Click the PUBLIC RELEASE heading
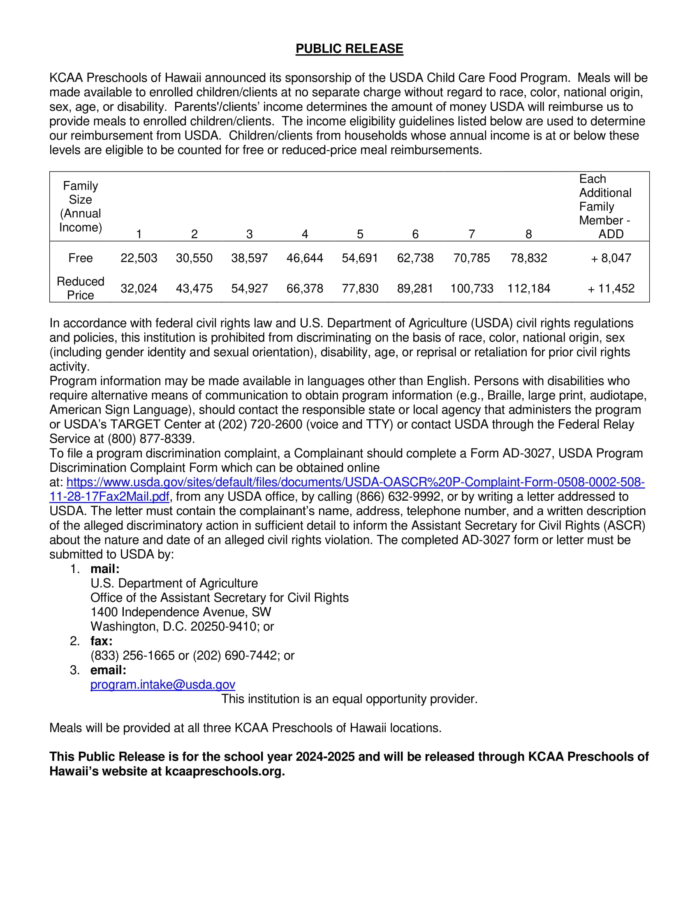pos(349,49)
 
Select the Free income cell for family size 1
pos(139,258)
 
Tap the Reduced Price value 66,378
pos(304,288)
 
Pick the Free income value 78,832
pos(528,258)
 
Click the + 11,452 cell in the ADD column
pos(611,288)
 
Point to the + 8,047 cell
pos(611,258)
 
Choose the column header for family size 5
pos(360,234)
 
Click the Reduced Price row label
pos(80,288)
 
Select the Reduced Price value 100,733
pos(472,288)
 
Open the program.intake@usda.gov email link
pos(163,684)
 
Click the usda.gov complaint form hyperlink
pos(355,482)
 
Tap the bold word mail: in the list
pos(105,569)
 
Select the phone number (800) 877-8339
pos(151,439)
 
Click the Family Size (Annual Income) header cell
pos(80,207)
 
